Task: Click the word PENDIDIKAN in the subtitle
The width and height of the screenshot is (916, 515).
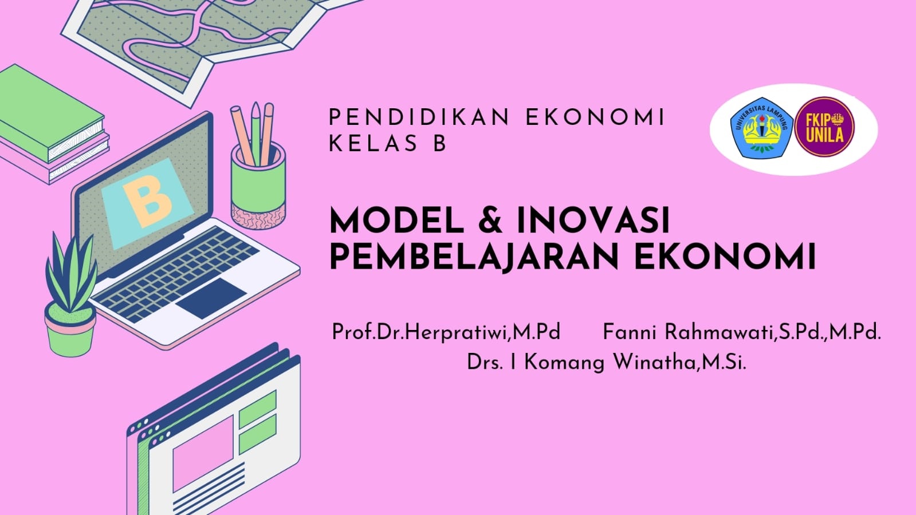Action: click(x=419, y=117)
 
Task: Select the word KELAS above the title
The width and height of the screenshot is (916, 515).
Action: click(x=372, y=144)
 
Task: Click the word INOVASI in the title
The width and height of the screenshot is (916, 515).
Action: click(x=593, y=221)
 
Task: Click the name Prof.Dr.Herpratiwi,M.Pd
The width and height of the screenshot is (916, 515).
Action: click(x=446, y=332)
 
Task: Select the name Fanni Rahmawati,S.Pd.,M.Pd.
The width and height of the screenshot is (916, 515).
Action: click(x=741, y=332)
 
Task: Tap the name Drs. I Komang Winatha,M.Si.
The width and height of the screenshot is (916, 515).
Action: click(x=606, y=363)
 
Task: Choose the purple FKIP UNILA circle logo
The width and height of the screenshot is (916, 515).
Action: click(x=825, y=127)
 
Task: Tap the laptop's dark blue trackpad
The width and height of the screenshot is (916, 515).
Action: click(x=210, y=297)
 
